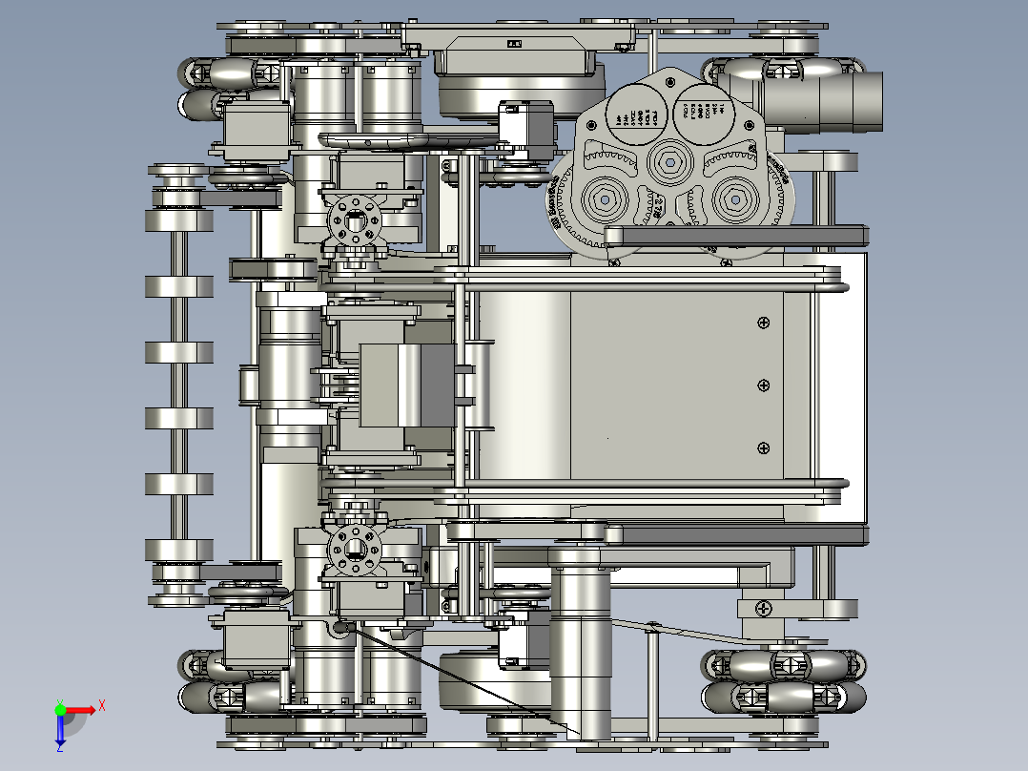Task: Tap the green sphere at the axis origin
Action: coord(60,709)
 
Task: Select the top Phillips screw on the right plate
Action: coord(763,323)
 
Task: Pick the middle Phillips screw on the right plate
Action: coord(763,385)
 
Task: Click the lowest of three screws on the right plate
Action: coord(763,448)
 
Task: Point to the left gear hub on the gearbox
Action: coord(605,199)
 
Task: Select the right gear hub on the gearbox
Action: coord(735,198)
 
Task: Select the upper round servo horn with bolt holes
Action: coord(355,222)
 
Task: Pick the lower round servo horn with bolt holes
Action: coord(355,548)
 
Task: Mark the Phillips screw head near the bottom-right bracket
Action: coord(764,607)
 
